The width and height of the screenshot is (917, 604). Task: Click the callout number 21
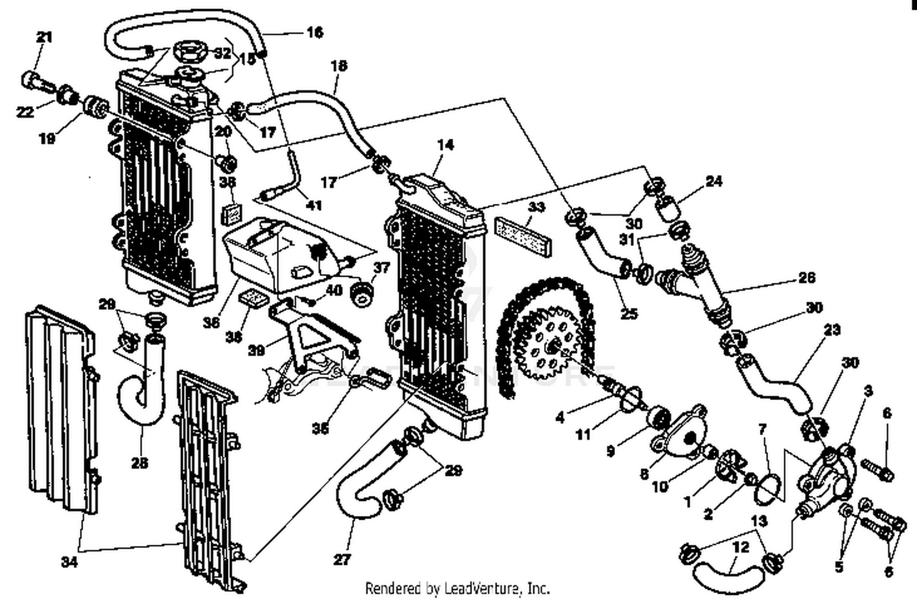44,37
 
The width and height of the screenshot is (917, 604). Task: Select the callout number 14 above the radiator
446,145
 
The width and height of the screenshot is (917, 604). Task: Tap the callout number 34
69,562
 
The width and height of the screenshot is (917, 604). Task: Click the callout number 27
342,559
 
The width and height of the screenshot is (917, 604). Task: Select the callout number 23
832,330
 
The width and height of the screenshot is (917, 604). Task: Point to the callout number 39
256,351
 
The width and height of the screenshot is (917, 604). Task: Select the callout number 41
314,205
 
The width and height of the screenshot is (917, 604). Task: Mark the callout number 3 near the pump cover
868,391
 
